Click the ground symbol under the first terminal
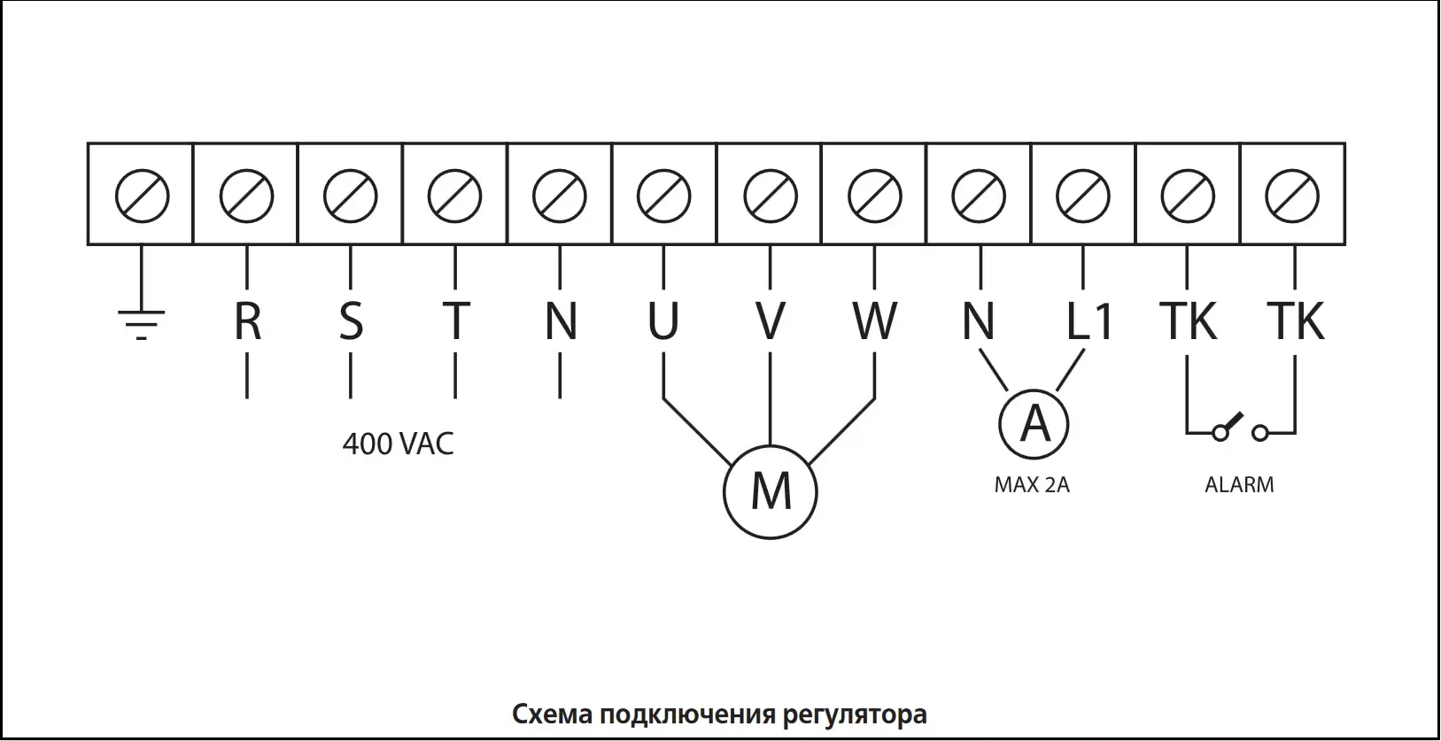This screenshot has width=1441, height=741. pyautogui.click(x=142, y=324)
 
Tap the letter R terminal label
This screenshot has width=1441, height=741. pyautogui.click(x=247, y=321)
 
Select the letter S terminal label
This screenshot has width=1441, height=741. pyautogui.click(x=351, y=321)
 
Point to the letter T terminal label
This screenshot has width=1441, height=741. pyautogui.click(x=455, y=321)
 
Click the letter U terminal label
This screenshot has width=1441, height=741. pyautogui.click(x=663, y=321)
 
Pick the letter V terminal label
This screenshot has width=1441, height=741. pyautogui.click(x=771, y=321)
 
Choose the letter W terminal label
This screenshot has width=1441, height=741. pyautogui.click(x=875, y=321)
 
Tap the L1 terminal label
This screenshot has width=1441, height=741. pyautogui.click(x=1088, y=321)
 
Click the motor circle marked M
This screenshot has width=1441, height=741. pyautogui.click(x=771, y=490)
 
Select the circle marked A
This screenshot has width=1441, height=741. pyautogui.click(x=1034, y=425)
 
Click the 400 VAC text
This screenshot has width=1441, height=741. pyautogui.click(x=398, y=444)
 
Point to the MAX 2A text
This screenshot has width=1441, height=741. pyautogui.click(x=1032, y=485)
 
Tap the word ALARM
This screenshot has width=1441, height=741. pyautogui.click(x=1239, y=485)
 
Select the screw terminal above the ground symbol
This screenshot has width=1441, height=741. pyautogui.click(x=142, y=196)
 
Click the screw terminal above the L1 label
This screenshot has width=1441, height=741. pyautogui.click(x=1083, y=196)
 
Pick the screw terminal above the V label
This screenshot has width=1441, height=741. pyautogui.click(x=770, y=196)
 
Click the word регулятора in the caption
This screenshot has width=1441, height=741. pyautogui.click(x=855, y=714)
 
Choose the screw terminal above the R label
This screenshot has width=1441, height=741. pyautogui.click(x=246, y=196)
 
